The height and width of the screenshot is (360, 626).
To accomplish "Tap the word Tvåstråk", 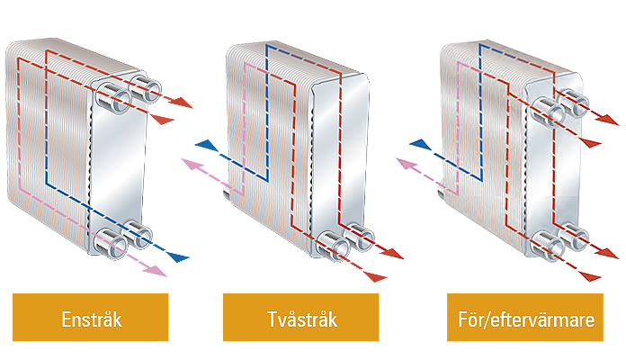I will point(302,319).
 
